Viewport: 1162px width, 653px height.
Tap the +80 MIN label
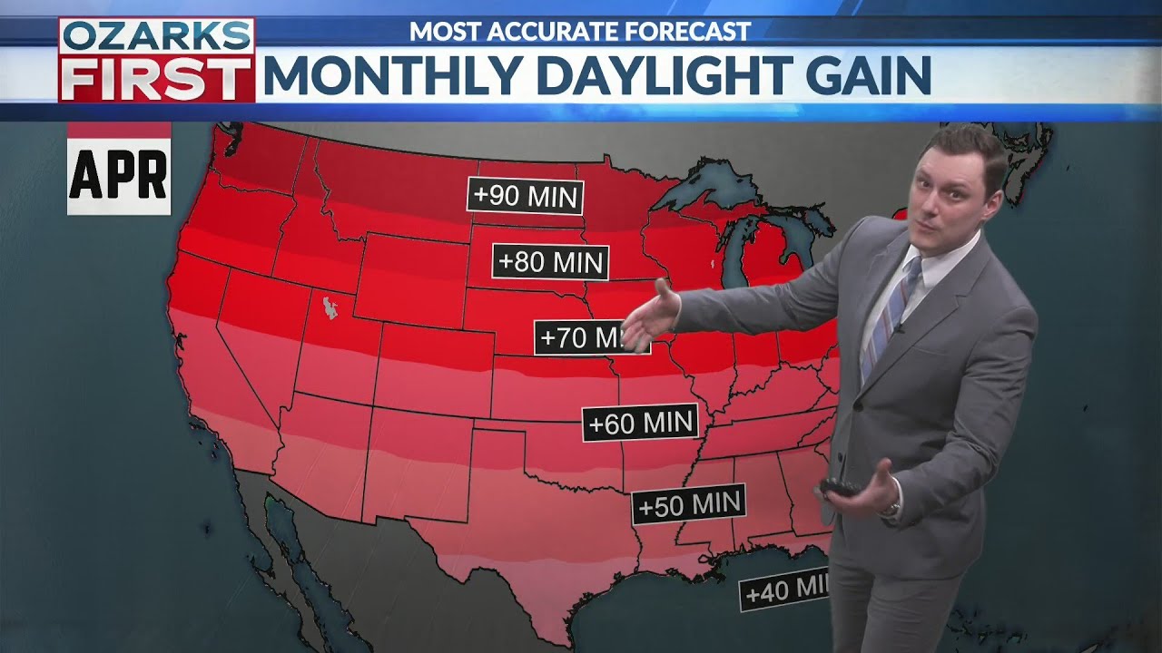(x=550, y=262)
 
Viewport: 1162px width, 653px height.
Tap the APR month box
(x=119, y=174)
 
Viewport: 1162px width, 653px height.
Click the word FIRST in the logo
(x=156, y=78)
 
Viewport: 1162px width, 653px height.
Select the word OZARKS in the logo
(x=156, y=36)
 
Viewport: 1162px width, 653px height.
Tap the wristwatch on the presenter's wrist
(x=893, y=506)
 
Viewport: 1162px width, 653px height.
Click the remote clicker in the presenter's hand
(x=840, y=488)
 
